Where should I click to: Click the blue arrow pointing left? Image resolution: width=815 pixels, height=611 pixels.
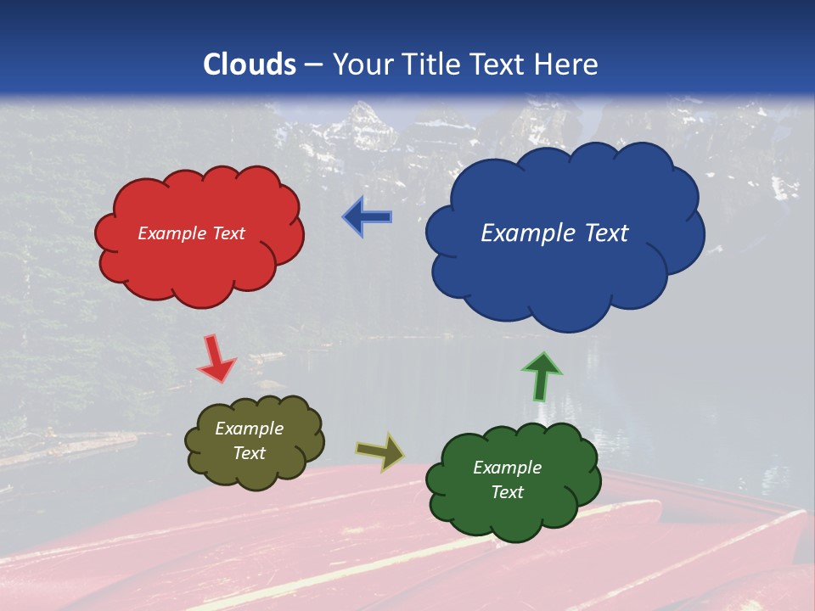point(368,217)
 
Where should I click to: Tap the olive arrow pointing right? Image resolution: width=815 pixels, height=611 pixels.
point(380,452)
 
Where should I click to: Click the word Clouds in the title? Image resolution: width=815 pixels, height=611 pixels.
point(250,64)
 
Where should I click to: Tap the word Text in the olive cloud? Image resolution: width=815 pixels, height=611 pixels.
point(250,453)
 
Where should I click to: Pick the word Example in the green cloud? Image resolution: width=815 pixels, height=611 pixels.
point(507,468)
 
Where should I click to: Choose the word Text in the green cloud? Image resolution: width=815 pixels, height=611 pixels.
point(507,492)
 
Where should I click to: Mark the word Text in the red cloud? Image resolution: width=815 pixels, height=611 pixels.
point(228,233)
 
